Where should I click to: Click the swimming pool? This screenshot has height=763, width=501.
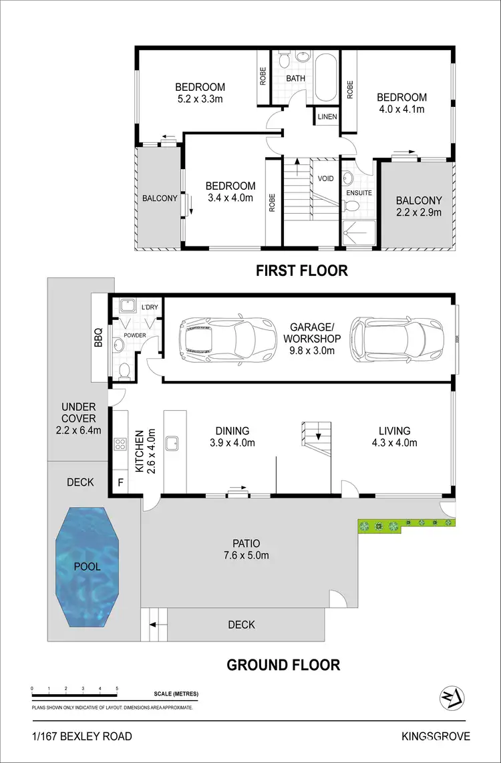pyautogui.click(x=87, y=566)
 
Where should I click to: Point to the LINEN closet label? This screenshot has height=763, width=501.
pyautogui.click(x=327, y=117)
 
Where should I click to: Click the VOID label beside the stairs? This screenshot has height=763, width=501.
pyautogui.click(x=325, y=178)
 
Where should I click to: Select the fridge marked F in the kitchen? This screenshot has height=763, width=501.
pyautogui.click(x=121, y=481)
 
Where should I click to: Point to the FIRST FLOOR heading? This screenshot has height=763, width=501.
pyautogui.click(x=302, y=271)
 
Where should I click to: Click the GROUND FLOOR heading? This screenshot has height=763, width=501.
pyautogui.click(x=283, y=665)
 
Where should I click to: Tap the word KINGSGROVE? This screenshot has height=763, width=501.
pyautogui.click(x=435, y=736)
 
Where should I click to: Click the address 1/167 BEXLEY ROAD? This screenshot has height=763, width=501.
pyautogui.click(x=82, y=736)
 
